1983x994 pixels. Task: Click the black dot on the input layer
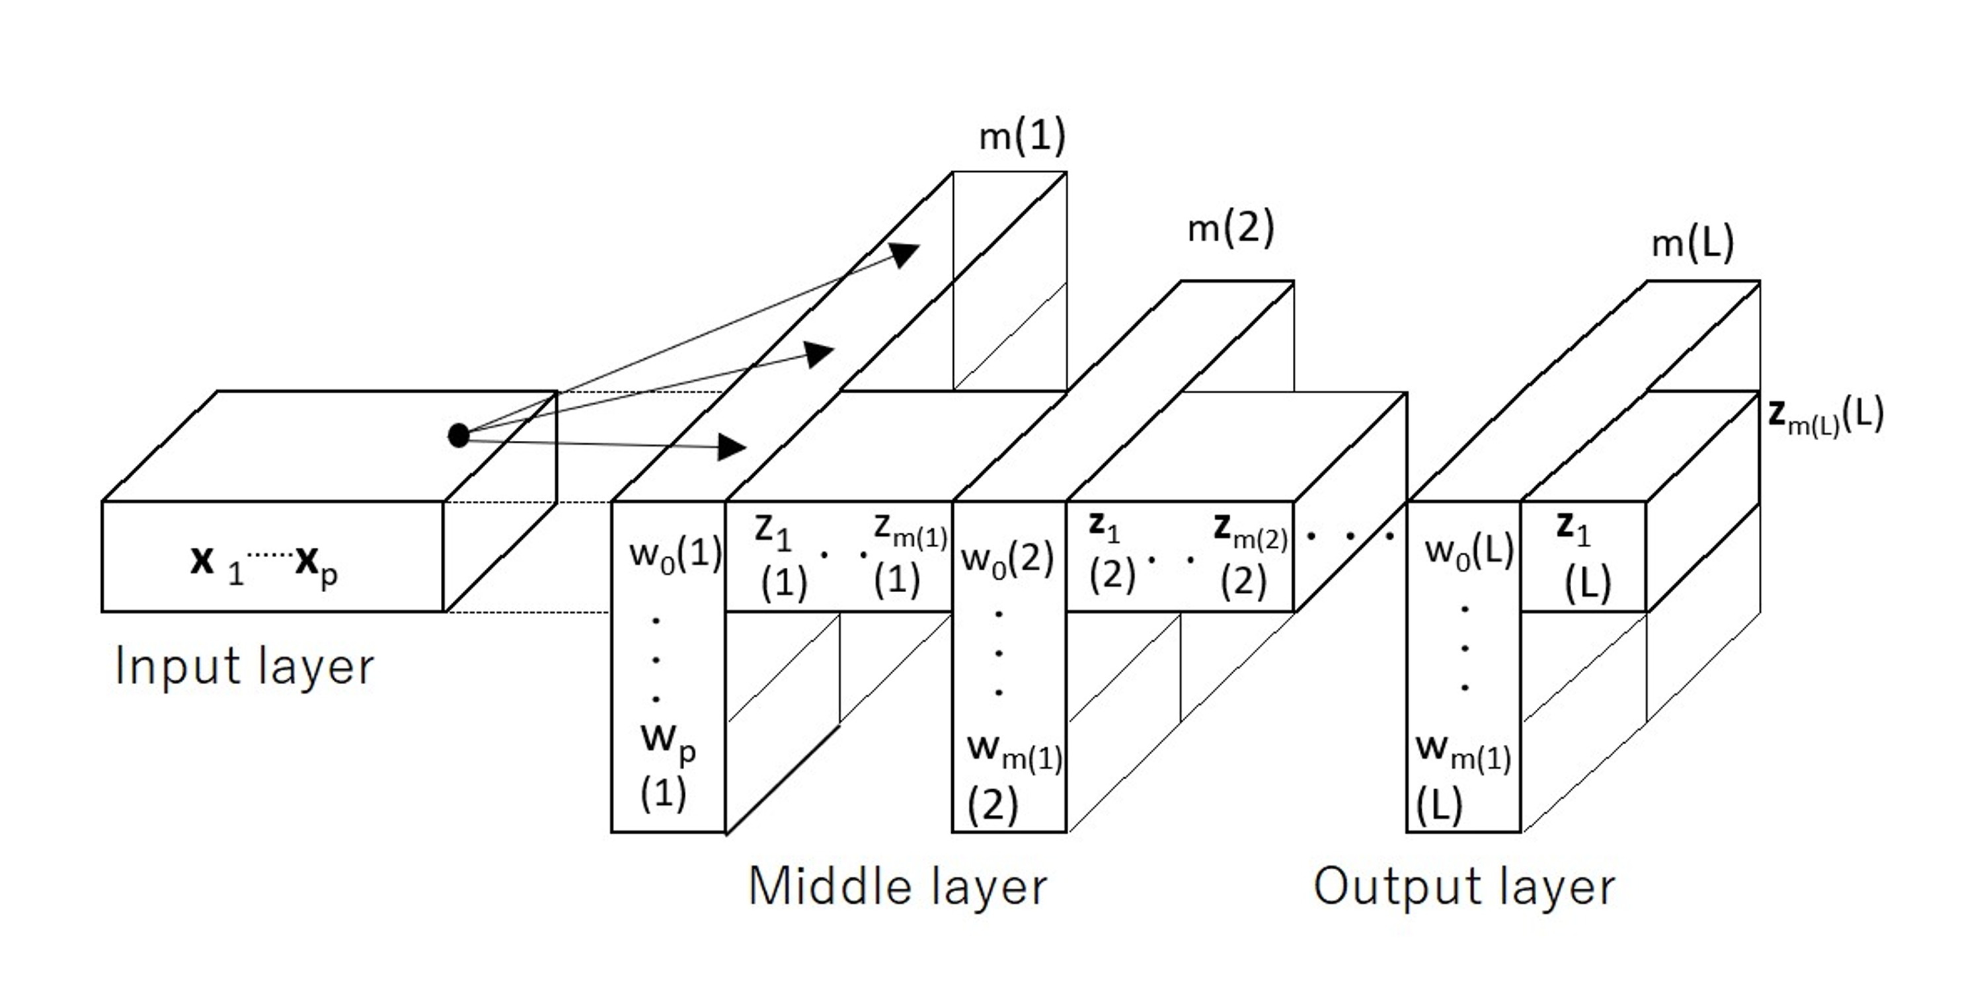[458, 436]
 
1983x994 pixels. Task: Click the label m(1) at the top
[1021, 136]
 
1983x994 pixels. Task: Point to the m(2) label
[1230, 229]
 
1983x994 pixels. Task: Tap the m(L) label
[1693, 244]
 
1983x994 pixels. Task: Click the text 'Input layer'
[244, 666]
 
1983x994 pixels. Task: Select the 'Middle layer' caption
[898, 886]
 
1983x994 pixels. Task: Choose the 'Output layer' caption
[1463, 886]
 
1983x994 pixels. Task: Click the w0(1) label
[675, 554]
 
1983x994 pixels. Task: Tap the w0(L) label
[1469, 551]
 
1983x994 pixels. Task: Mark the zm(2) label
[1249, 532]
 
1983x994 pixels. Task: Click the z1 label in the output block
[1572, 530]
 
